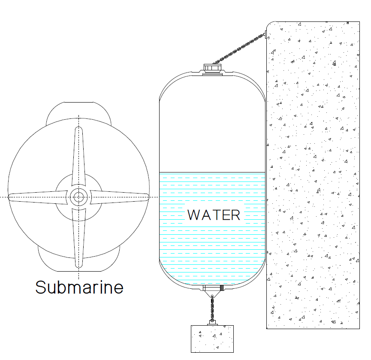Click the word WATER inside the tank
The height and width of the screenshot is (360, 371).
coord(214,214)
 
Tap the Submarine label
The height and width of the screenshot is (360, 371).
coord(79,287)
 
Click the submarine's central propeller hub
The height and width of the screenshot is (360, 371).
coord(78,197)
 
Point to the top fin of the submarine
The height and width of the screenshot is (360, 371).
coord(78,159)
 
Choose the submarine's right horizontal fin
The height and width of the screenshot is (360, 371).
coord(120,197)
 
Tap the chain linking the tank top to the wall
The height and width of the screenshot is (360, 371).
coord(240,49)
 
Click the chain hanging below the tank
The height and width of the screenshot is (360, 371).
coord(212,307)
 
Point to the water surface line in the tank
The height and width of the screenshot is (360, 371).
coord(212,172)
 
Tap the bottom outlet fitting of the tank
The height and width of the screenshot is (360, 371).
coord(212,288)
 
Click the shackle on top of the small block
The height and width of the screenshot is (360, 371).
coord(212,322)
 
